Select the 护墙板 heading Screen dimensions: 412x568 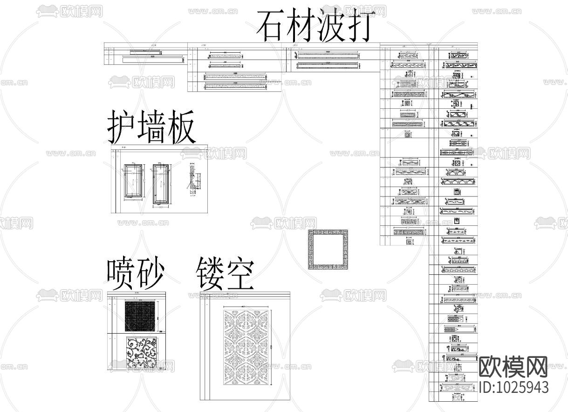(151, 127)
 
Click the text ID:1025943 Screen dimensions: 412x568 (514, 388)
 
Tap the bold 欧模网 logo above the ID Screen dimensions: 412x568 (513, 367)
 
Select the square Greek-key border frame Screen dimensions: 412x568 (328, 250)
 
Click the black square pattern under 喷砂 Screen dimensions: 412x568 (142, 316)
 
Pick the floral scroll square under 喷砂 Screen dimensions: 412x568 (142, 354)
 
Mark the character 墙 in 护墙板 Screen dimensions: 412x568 (151, 127)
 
